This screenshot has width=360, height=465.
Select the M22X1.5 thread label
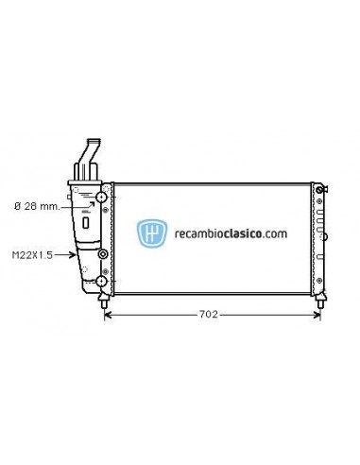pyautogui.click(x=32, y=254)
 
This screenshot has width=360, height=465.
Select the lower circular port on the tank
pyautogui.click(x=100, y=282)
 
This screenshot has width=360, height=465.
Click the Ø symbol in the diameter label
pyautogui.click(x=18, y=204)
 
